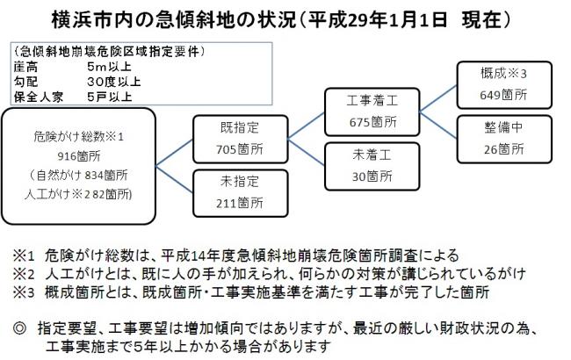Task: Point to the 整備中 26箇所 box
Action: click(501, 137)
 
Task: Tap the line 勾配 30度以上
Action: click(70, 80)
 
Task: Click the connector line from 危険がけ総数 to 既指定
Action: click(177, 146)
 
